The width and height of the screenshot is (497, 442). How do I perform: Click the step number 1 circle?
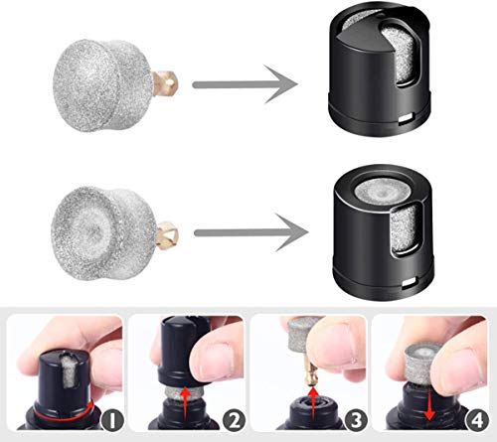point(110,425)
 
